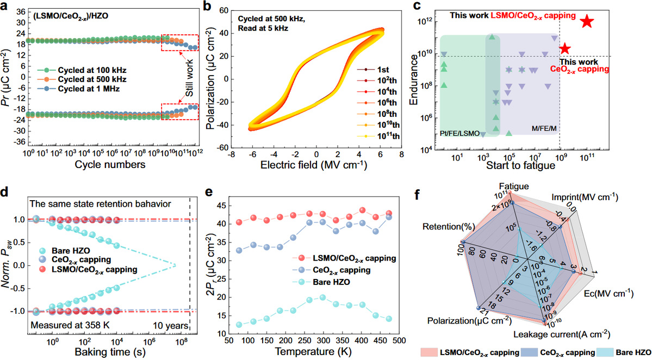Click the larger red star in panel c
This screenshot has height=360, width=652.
(587, 21)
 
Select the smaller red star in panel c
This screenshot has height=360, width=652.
(565, 48)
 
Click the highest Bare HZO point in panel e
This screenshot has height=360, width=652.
(322, 297)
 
